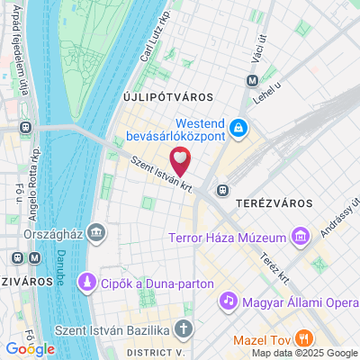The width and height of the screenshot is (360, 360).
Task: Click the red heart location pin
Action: (x=181, y=163)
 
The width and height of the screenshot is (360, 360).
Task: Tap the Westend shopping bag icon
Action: (x=238, y=130)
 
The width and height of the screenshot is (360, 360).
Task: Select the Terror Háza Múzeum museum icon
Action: (x=300, y=238)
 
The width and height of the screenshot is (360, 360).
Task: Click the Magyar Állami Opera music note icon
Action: (x=229, y=299)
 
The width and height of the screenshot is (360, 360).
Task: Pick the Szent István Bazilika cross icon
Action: (x=184, y=329)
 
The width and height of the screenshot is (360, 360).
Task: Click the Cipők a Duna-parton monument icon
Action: (x=87, y=283)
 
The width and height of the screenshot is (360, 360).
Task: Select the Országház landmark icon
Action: (x=97, y=234)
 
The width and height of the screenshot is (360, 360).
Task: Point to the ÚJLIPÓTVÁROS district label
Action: (x=166, y=96)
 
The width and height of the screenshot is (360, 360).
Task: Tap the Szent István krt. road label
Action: (x=138, y=173)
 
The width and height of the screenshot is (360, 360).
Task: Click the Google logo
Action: (x=30, y=348)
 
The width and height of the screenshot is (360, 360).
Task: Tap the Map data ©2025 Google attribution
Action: (x=304, y=353)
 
